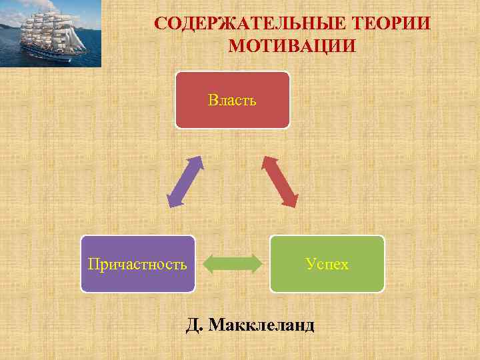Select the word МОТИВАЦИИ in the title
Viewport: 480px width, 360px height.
(292, 47)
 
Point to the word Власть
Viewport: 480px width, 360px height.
(232, 101)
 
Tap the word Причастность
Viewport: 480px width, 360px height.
(137, 264)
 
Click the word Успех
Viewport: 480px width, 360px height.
(327, 264)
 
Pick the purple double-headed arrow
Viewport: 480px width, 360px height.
(184, 181)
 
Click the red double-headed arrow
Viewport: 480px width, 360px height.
(281, 181)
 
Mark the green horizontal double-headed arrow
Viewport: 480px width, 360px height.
(232, 263)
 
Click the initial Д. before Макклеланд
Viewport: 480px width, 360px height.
(195, 325)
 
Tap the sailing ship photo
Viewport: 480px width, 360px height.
(51, 33)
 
